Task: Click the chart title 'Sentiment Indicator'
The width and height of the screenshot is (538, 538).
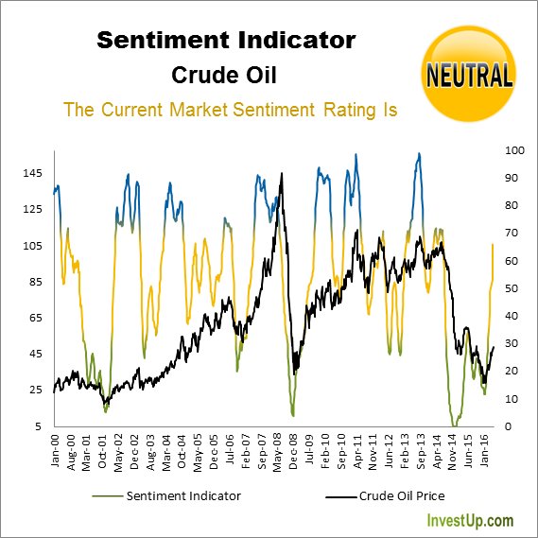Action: pos(227,41)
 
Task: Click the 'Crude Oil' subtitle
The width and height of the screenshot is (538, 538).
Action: pos(227,75)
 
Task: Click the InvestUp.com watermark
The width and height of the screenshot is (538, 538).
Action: pos(471,521)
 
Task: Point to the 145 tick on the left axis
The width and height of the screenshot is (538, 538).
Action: pos(34,173)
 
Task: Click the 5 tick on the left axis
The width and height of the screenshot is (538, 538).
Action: pos(39,426)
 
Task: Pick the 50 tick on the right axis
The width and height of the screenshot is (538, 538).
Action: pos(513,288)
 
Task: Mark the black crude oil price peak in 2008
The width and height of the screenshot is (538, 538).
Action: pos(282,174)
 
